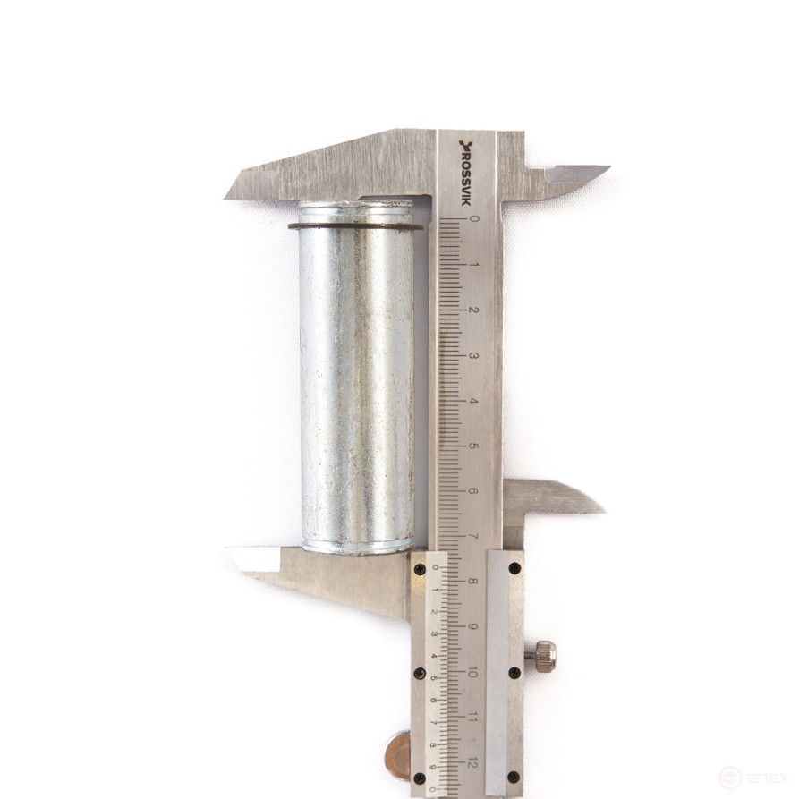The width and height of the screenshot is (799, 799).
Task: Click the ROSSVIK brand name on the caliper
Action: tap(466, 172)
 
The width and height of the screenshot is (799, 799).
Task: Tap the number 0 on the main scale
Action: tap(474, 217)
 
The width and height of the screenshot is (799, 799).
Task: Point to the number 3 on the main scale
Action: tap(474, 355)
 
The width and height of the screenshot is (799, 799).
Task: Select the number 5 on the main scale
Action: tap(474, 446)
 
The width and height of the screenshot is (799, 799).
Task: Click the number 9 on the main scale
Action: tap(473, 626)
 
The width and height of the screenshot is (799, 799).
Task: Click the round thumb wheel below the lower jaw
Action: tap(397, 754)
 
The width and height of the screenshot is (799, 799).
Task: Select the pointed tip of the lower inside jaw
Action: tap(601, 510)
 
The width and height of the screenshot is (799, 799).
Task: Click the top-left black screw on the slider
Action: tap(419, 568)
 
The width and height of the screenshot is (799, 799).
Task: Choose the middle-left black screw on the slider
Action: tap(419, 672)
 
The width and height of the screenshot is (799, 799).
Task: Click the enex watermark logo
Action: tap(755, 777)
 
